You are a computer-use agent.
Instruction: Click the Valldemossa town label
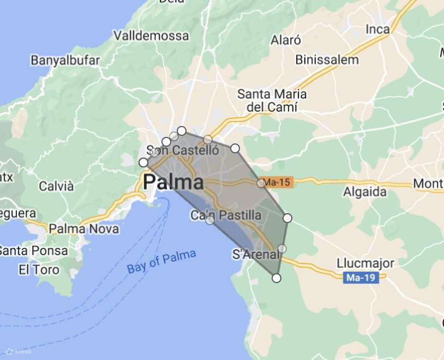click(151, 35)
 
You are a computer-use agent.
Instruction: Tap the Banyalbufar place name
click(65, 60)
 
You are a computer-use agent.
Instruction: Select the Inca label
click(378, 29)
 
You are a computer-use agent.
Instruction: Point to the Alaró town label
click(286, 40)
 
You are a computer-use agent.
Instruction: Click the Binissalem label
click(327, 59)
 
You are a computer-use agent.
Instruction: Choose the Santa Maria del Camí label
click(272, 100)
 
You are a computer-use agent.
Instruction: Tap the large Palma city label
click(173, 182)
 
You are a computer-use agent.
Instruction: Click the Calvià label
click(56, 186)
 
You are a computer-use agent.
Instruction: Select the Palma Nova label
click(83, 229)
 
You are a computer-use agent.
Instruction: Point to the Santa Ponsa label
click(34, 251)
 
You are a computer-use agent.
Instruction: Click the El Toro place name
click(39, 269)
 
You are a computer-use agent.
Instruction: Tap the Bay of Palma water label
click(161, 261)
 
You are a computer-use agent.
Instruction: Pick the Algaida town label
click(364, 192)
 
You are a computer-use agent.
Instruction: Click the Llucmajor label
click(365, 263)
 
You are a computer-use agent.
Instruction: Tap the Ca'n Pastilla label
click(226, 215)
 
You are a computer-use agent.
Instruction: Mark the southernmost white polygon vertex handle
click(277, 278)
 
